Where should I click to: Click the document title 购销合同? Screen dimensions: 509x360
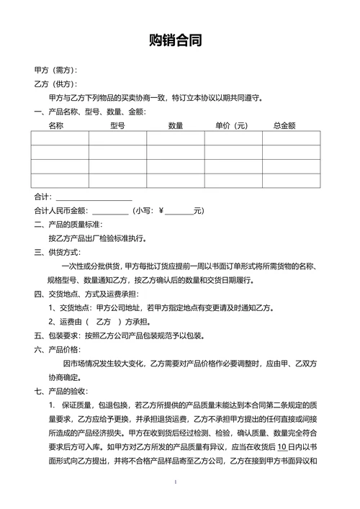(x=179, y=40)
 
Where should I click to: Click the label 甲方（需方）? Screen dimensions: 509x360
(x=55, y=71)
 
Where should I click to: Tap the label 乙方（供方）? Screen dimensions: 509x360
(x=55, y=84)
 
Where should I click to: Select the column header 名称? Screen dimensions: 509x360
(x=56, y=125)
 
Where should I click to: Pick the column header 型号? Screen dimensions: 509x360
(x=117, y=125)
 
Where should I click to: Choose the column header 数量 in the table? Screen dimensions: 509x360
(x=175, y=125)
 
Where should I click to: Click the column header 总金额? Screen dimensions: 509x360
(x=284, y=125)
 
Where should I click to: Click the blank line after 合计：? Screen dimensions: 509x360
(x=94, y=197)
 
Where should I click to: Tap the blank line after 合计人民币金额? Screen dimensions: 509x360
(x=110, y=211)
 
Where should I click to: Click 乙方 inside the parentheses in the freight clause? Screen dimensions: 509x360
(x=104, y=322)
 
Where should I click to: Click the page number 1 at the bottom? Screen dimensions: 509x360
(x=176, y=480)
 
